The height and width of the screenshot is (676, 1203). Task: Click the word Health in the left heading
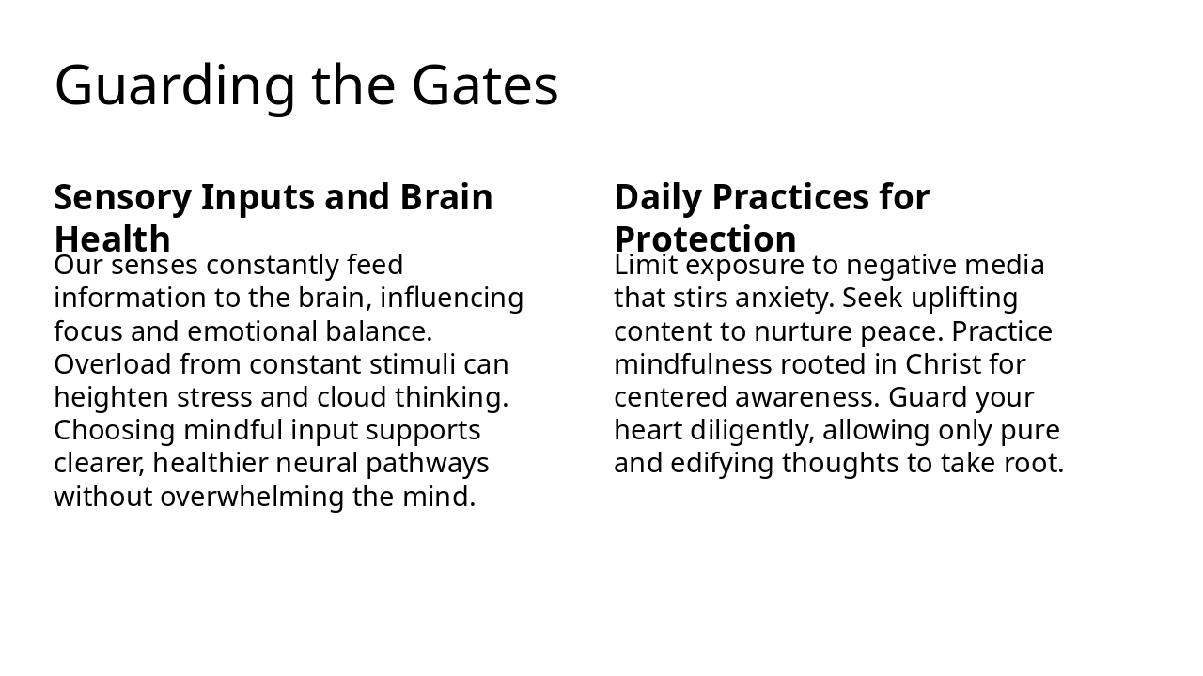[x=112, y=238]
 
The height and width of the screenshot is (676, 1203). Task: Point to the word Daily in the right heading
[x=658, y=197]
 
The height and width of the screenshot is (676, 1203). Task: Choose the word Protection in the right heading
[x=705, y=238]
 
